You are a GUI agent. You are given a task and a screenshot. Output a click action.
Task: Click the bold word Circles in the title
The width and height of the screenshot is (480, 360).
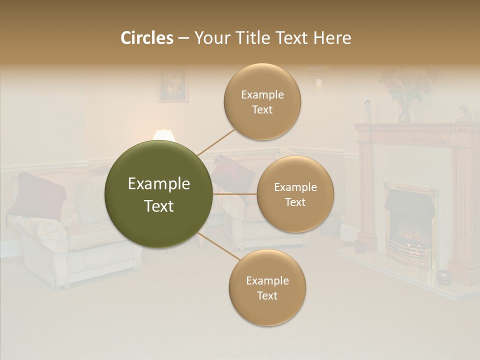[146, 38]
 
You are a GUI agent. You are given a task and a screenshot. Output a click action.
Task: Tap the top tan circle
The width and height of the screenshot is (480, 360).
[262, 101]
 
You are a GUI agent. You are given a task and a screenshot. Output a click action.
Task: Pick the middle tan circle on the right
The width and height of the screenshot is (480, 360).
[295, 194]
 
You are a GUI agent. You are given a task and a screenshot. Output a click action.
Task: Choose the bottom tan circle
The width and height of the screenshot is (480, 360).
[267, 287]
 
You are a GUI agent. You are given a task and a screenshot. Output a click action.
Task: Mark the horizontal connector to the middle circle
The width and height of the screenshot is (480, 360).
[235, 194]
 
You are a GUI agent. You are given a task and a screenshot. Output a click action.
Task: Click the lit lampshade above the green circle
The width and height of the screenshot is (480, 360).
[164, 134]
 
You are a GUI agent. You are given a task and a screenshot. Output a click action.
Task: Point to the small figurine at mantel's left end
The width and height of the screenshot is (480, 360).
[367, 111]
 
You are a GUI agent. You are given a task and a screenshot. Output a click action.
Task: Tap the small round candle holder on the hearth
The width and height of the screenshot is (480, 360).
[443, 276]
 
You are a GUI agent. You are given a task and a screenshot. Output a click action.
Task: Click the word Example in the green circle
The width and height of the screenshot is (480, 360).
[159, 184]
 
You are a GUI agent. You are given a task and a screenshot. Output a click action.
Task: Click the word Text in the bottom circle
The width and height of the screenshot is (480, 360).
[267, 295]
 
